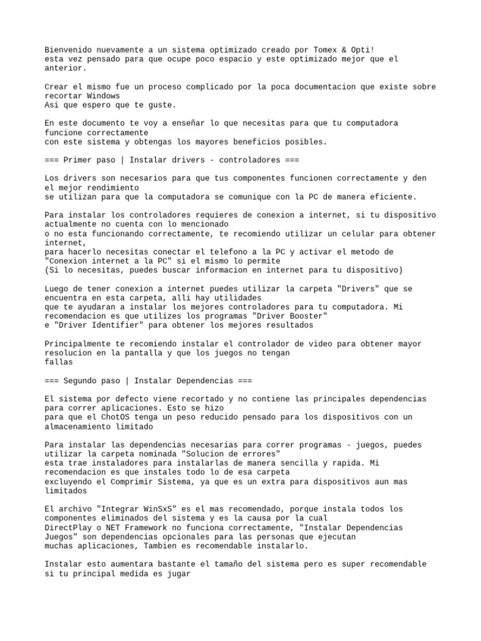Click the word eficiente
click(x=393, y=197)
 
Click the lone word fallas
click(x=59, y=362)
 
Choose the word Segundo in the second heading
click(x=80, y=381)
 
